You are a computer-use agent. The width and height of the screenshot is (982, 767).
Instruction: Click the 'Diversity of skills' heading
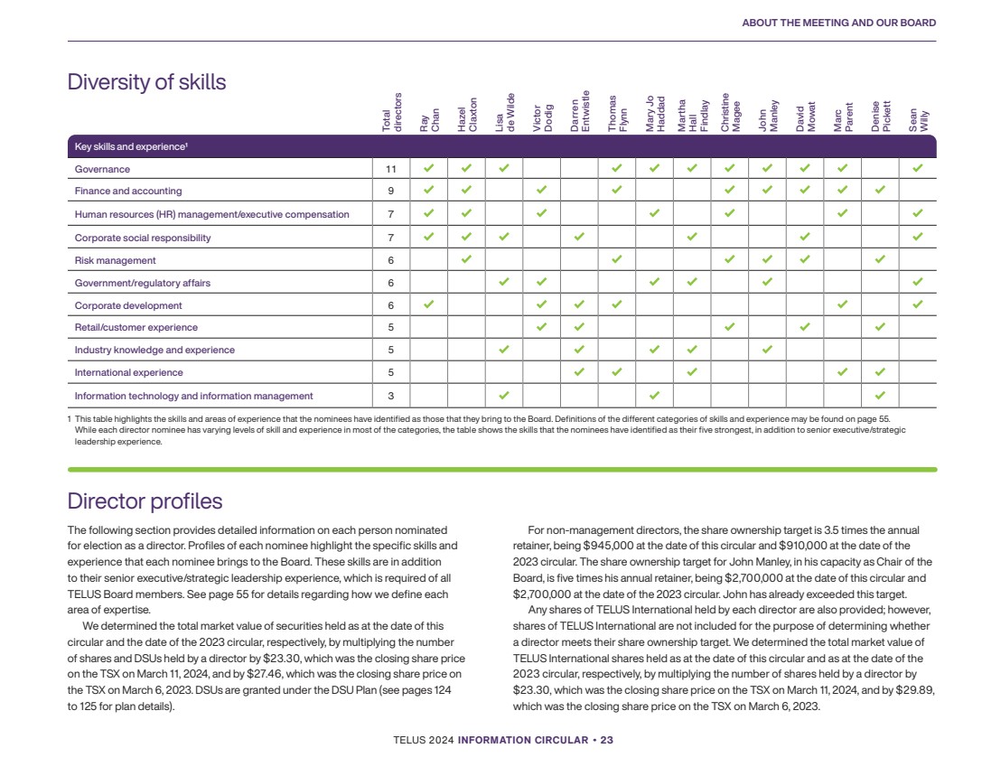tap(146, 82)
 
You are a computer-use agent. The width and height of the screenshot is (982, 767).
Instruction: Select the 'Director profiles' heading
tap(145, 500)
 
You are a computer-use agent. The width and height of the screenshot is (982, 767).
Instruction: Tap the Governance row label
tap(102, 169)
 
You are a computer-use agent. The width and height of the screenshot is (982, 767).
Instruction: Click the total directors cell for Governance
tap(391, 169)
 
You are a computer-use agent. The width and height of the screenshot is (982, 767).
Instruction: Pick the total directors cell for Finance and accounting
tap(391, 191)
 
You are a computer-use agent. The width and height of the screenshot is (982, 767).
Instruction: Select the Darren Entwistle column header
tap(580, 112)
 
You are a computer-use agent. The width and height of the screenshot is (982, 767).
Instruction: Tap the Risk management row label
tap(115, 260)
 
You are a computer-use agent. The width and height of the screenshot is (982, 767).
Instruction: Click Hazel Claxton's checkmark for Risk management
tap(466, 260)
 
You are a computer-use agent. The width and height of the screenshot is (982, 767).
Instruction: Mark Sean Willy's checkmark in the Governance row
tap(918, 168)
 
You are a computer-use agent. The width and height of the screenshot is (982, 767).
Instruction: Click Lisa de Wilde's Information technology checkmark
tap(504, 395)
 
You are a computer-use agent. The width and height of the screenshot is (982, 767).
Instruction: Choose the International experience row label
tap(128, 372)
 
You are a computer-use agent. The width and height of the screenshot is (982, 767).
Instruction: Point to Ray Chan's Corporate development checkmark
tap(428, 304)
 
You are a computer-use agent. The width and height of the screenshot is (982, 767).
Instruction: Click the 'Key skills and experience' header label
tap(130, 146)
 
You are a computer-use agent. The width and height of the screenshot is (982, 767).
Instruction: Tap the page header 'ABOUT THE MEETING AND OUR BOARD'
tap(838, 23)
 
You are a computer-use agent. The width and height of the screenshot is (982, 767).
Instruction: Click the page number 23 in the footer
tap(607, 740)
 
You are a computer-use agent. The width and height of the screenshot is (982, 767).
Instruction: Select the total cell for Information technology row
tap(391, 396)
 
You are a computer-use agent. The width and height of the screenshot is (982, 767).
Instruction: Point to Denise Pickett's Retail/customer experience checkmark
tap(880, 327)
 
